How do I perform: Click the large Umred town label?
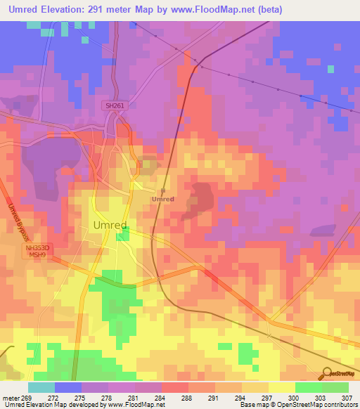(110, 225)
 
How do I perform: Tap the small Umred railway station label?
(162, 199)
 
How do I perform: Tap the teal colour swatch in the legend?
(41, 387)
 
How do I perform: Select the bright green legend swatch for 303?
(308, 387)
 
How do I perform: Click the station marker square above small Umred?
(162, 190)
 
